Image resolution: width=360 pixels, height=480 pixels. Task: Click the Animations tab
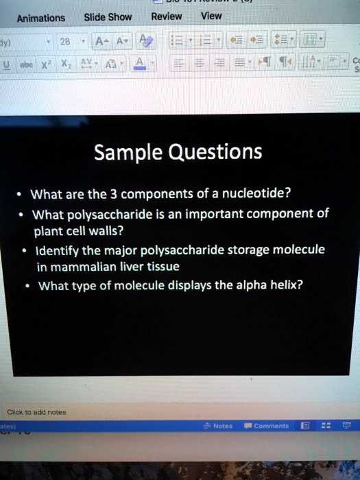[x=41, y=18]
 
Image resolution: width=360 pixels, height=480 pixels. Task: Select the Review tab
[x=166, y=16]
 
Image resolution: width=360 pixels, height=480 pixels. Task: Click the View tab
[x=211, y=15]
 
